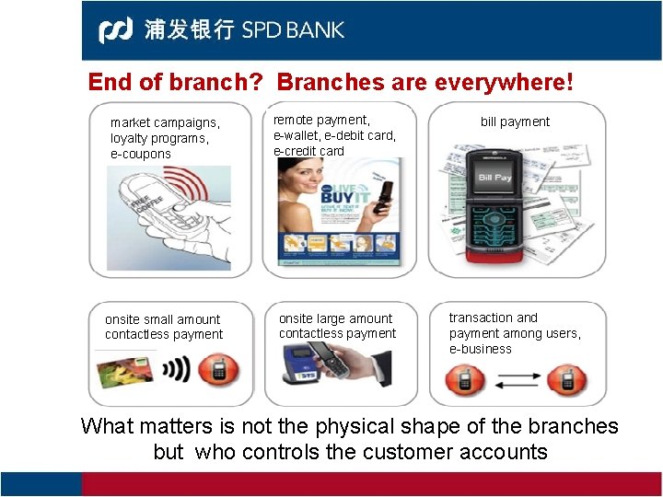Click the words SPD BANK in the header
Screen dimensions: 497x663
click(x=293, y=29)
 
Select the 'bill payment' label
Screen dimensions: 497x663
click(x=515, y=121)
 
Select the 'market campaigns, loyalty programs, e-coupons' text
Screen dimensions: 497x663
click(x=165, y=138)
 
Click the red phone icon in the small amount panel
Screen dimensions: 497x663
click(x=220, y=371)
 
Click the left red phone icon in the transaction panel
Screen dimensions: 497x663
click(x=465, y=379)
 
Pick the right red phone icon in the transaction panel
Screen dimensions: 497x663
click(x=566, y=379)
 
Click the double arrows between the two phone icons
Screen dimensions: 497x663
click(x=516, y=379)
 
